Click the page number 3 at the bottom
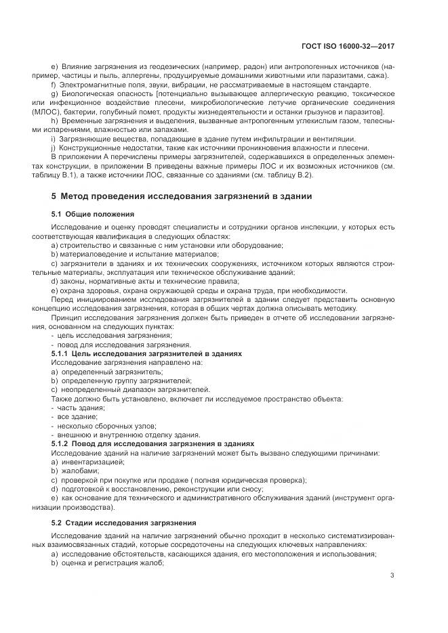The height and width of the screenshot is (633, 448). point(392,576)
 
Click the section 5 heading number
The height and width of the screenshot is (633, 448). point(54,197)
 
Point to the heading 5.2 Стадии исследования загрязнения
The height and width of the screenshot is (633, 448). point(123,523)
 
